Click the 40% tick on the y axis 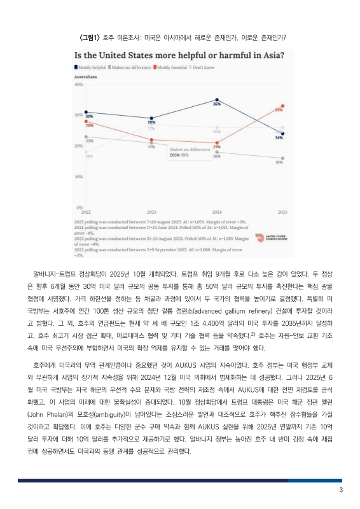[x=79, y=84]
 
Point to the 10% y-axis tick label [x=79, y=176]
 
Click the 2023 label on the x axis [x=151, y=211]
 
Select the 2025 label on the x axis [x=282, y=211]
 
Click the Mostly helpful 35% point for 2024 [x=217, y=100]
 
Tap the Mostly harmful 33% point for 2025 [x=282, y=106]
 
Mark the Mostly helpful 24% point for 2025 [x=282, y=134]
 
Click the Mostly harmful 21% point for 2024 [x=217, y=142]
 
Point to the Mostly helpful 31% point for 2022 [x=86, y=112]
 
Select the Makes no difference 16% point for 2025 [x=282, y=158]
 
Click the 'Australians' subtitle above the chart [x=86, y=76]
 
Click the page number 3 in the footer [x=341, y=490]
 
